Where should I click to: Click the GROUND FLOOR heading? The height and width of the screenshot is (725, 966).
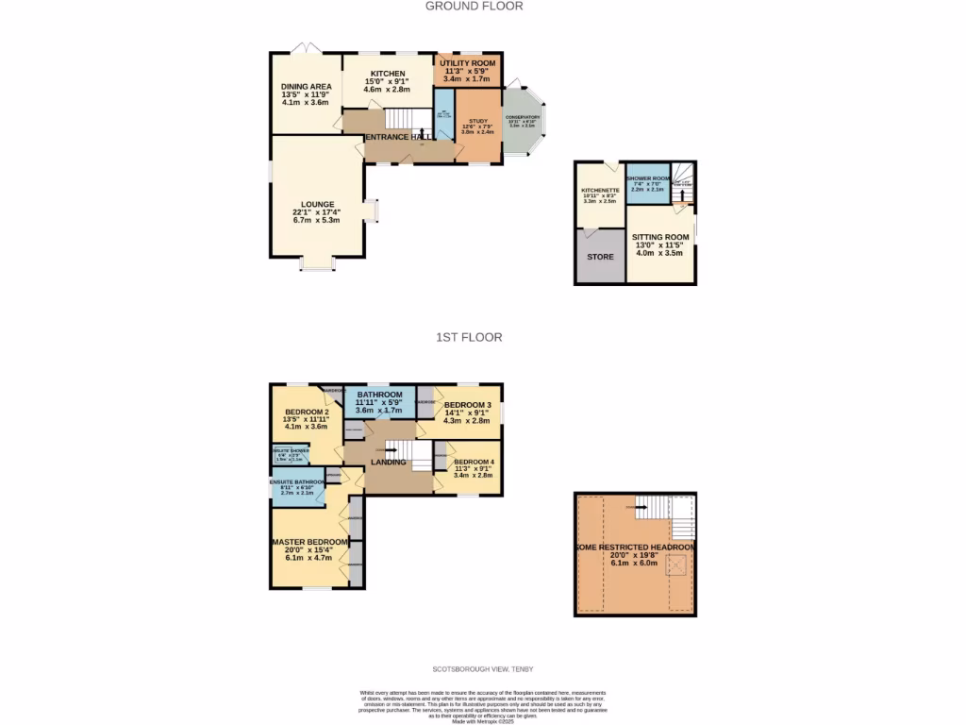coord(474,6)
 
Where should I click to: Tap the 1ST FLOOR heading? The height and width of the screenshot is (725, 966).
coord(468,337)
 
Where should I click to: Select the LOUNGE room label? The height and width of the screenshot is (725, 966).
coord(318,204)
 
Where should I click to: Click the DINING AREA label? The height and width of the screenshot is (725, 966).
coord(306,87)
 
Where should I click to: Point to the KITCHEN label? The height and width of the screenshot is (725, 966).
coord(387,74)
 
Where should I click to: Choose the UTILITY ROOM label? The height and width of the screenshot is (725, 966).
coord(469,63)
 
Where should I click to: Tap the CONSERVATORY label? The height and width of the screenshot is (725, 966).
coord(522,117)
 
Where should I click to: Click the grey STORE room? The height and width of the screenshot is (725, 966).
coord(600,257)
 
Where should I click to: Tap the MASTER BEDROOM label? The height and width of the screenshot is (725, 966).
coord(310,542)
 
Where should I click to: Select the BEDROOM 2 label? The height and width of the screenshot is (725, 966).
coord(306,412)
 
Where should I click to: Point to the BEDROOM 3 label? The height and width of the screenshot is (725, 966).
coord(468,405)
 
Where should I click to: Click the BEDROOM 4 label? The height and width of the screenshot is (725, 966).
coord(473,462)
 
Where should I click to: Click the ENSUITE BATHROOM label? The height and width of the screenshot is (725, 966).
coord(297,482)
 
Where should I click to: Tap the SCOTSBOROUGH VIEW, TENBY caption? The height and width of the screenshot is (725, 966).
coord(483,668)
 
